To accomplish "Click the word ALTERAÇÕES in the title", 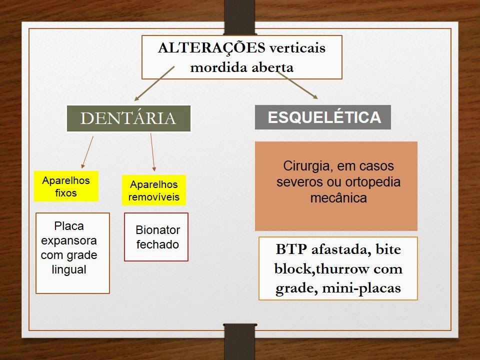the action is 211,48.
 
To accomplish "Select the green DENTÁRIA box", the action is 128,118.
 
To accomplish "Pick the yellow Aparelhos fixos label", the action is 66,186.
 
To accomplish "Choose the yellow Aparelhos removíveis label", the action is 153,190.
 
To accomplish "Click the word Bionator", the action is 157,230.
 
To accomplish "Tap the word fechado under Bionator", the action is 157,244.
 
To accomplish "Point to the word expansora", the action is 69,240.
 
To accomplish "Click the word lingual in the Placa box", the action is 69,269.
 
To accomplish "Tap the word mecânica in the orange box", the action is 338,197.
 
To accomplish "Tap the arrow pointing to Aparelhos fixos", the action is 87,152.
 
